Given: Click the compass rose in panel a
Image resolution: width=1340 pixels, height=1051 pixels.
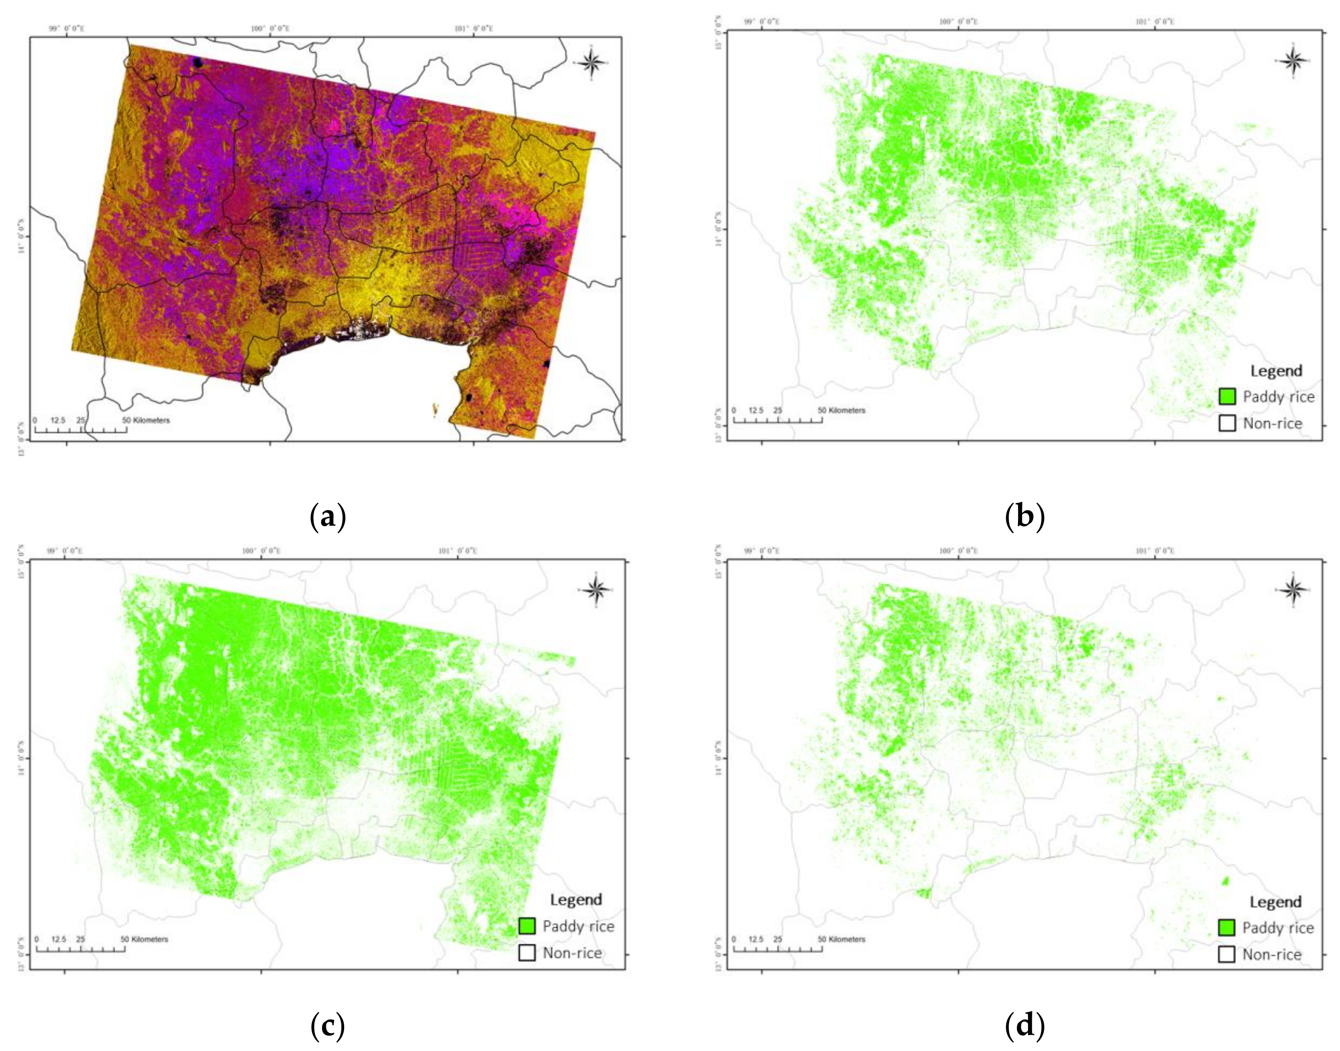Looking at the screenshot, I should pyautogui.click(x=590, y=62).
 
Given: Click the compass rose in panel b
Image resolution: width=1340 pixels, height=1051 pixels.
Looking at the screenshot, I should pyautogui.click(x=1292, y=60).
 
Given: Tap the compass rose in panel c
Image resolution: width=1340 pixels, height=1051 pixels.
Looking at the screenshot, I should pyautogui.click(x=596, y=590).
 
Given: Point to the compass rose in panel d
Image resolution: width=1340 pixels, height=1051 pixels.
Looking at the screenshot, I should pyautogui.click(x=1292, y=590).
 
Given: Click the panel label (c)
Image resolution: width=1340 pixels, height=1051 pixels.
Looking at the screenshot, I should pyautogui.click(x=327, y=1026).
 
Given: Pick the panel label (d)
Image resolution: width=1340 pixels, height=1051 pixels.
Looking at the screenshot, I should pyautogui.click(x=1024, y=1026).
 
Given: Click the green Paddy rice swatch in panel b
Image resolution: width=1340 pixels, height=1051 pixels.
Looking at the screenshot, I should pyautogui.click(x=1227, y=397).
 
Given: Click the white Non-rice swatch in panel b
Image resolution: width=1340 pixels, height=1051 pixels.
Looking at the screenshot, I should pyautogui.click(x=1227, y=423).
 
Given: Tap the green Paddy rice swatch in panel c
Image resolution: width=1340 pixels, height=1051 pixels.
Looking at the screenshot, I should pyautogui.click(x=527, y=926).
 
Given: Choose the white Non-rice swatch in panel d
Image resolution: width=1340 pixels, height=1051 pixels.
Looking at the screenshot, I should pyautogui.click(x=1227, y=954).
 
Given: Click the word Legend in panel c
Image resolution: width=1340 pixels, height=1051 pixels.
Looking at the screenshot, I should pyautogui.click(x=576, y=899).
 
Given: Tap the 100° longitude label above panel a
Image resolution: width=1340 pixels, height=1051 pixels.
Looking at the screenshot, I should pyautogui.click(x=270, y=28).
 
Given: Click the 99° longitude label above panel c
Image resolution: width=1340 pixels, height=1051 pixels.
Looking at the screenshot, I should pyautogui.click(x=65, y=551).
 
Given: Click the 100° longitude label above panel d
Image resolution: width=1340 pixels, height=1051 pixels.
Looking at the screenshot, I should pyautogui.click(x=958, y=551).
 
